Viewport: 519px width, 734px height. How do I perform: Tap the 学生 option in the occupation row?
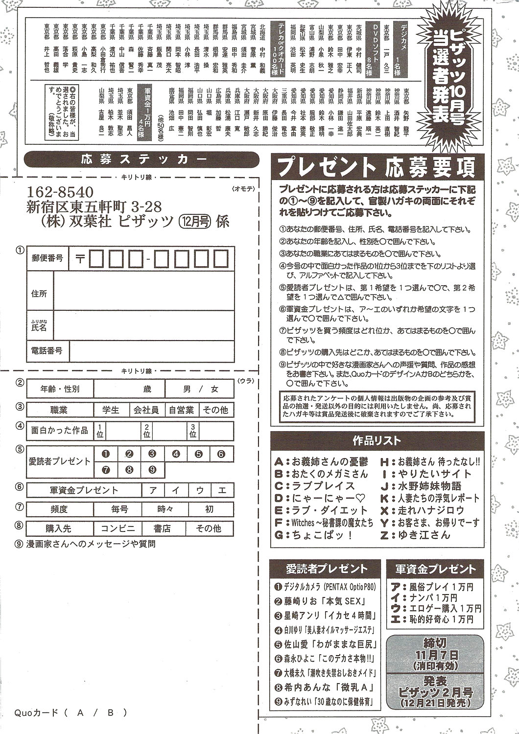[111, 410]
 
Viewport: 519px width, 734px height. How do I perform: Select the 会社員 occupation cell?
[147, 410]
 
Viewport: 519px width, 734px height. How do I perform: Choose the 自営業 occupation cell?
[181, 410]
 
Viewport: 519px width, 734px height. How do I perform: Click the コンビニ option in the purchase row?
[118, 528]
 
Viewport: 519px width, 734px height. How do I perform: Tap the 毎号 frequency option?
[119, 509]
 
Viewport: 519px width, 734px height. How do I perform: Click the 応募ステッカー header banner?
[142, 160]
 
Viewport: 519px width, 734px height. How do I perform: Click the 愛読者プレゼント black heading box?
[326, 569]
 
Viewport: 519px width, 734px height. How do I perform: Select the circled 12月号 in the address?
[194, 222]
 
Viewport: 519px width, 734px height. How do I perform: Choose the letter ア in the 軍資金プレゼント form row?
[153, 489]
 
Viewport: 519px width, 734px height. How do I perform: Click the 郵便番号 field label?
[47, 258]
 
